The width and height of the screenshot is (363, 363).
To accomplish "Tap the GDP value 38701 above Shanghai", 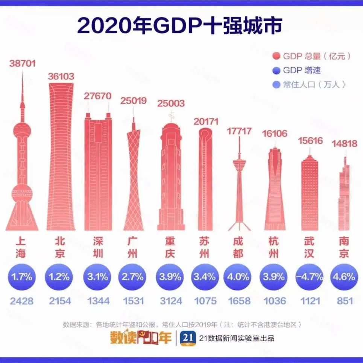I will pos(22,64).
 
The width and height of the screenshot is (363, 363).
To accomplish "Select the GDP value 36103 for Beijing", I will pos(61,76).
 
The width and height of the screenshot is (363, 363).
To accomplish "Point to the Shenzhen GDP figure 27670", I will pos(98,96).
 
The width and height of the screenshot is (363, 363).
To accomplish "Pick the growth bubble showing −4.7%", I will pos(310,277).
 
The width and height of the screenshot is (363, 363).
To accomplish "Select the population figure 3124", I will pos(168,301).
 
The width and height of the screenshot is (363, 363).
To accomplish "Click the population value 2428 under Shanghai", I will pos(22,301).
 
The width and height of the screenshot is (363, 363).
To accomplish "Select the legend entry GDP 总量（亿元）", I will pos(312,56).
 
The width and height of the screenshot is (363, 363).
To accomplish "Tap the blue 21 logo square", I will pos(188,337).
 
